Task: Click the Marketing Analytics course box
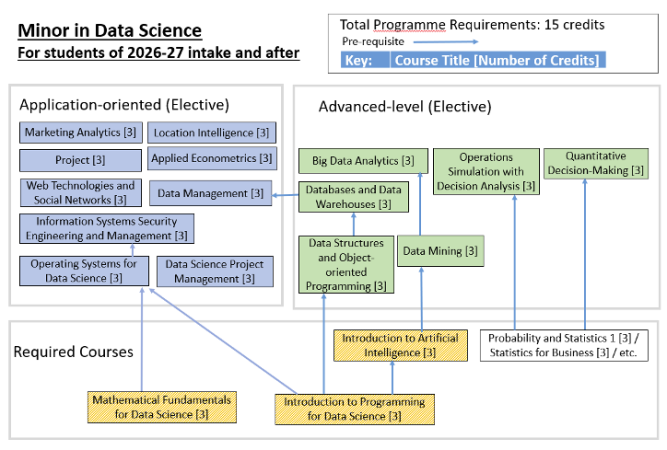81,132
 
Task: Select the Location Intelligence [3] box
211,133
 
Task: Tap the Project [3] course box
80,160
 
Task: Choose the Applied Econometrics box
212,158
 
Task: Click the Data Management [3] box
211,193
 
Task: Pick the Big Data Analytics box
363,161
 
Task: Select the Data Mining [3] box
440,251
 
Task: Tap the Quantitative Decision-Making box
596,163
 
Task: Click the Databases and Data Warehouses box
353,197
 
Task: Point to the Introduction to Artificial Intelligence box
400,345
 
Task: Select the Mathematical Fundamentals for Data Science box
162,407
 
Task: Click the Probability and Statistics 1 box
564,345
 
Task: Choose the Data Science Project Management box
215,271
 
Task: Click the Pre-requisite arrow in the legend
446,42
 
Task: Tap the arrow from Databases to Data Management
285,195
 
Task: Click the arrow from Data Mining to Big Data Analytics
420,204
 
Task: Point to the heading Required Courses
73,352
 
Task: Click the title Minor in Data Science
110,31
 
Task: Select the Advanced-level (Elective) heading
405,106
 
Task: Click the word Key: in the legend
358,60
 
